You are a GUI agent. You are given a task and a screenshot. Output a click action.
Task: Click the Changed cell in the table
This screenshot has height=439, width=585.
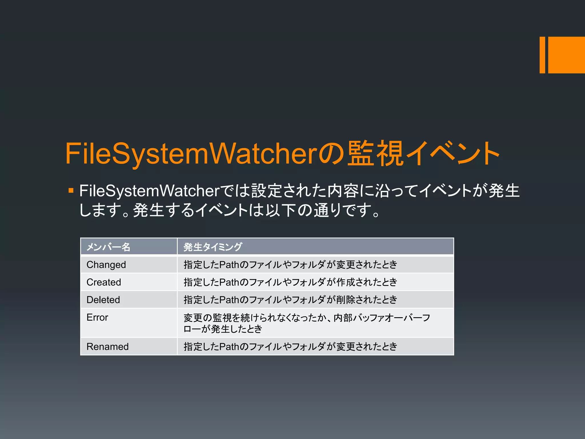[x=106, y=265]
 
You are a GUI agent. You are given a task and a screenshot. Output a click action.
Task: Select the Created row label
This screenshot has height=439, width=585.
[x=104, y=282]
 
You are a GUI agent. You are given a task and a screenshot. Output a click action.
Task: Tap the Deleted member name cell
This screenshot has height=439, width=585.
[x=103, y=300]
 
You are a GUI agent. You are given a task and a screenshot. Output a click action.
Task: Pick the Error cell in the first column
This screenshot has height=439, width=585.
[x=97, y=317]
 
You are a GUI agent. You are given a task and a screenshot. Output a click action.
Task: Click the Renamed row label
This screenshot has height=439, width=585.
[x=107, y=346]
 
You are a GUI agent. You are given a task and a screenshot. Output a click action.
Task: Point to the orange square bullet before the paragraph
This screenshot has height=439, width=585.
[x=71, y=190]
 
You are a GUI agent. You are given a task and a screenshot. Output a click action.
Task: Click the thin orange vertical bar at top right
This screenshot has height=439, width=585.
[x=542, y=55]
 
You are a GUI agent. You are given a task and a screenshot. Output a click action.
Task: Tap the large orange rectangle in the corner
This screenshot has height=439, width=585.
[x=566, y=55]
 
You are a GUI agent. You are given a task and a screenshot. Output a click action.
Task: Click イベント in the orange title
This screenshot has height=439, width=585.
[x=453, y=153]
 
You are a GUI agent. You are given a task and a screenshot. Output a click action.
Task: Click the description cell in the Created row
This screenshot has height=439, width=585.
[x=290, y=282]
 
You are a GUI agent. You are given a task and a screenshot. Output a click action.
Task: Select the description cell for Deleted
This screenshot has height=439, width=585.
[x=290, y=300]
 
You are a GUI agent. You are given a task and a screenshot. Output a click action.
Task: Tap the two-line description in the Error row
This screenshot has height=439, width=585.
[x=306, y=323]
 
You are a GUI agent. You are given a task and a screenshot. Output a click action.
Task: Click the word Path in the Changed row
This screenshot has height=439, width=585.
[x=229, y=265]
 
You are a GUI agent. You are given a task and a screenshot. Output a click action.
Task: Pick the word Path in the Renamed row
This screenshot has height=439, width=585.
[x=229, y=346]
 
